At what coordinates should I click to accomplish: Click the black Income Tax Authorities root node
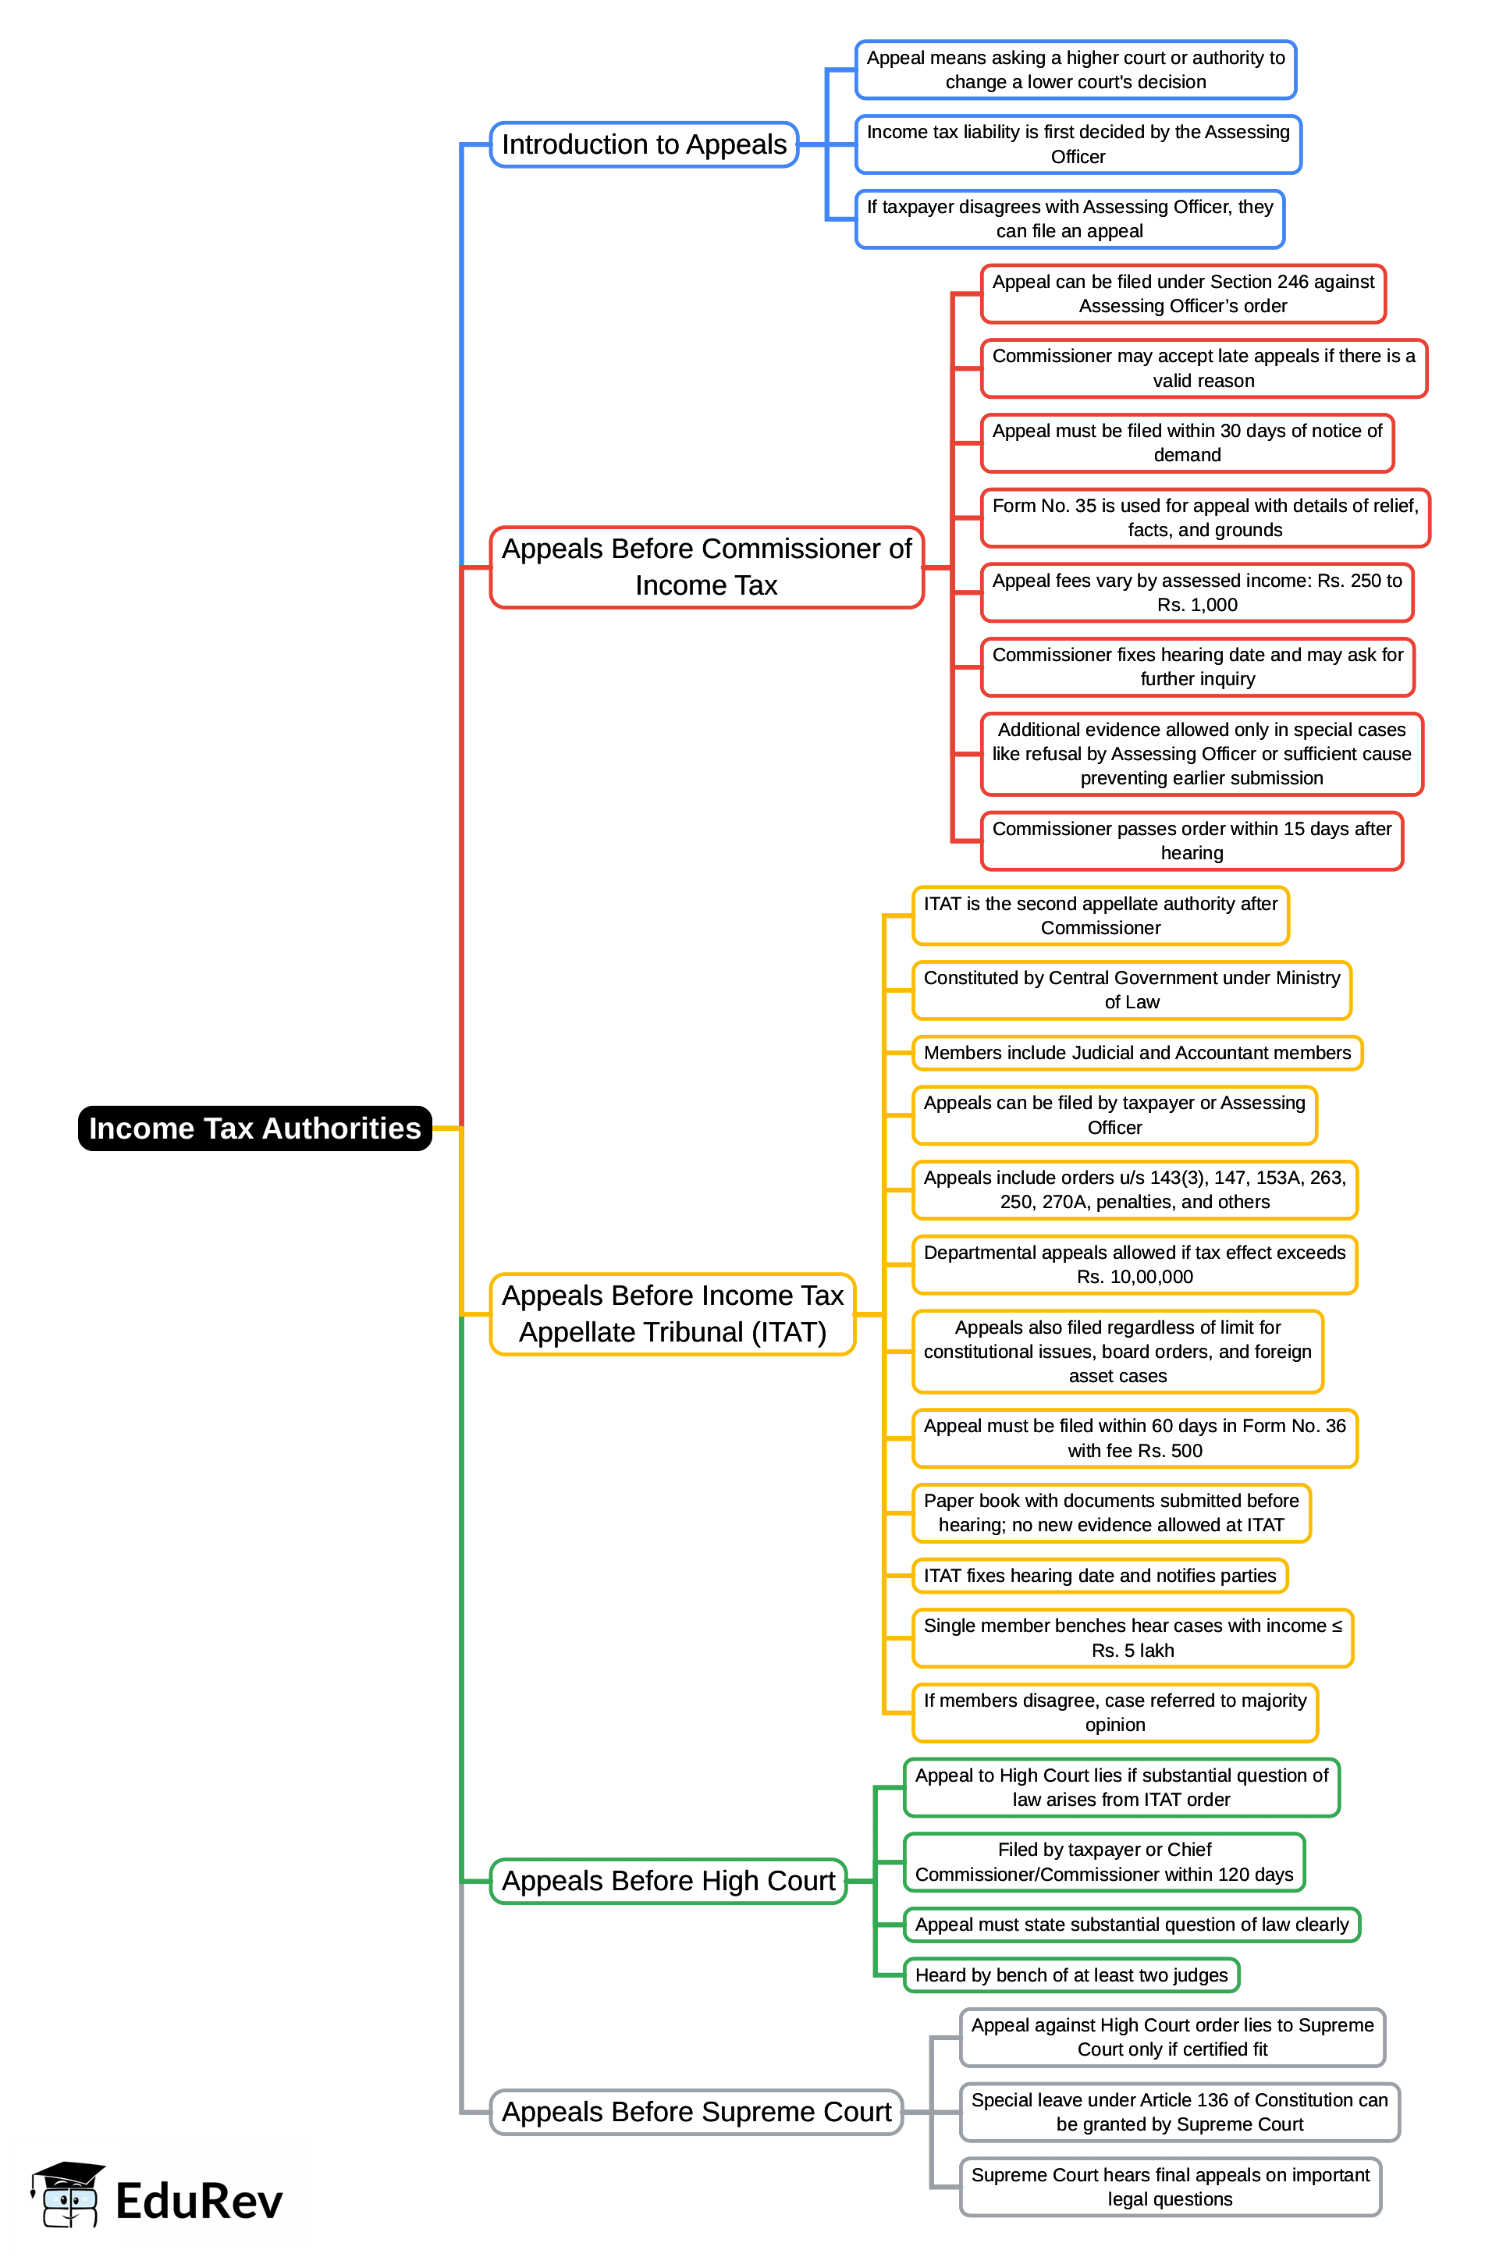click(x=254, y=1128)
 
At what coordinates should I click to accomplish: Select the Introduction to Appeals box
click(x=643, y=144)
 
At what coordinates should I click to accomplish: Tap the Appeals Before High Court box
click(x=667, y=1881)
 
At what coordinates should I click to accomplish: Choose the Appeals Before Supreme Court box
click(x=695, y=2112)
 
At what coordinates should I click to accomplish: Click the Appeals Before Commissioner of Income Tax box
click(x=706, y=567)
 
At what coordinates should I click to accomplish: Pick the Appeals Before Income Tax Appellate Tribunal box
click(x=672, y=1313)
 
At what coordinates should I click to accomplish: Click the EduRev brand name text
click(x=198, y=2201)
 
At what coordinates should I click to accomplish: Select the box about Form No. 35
click(x=1204, y=517)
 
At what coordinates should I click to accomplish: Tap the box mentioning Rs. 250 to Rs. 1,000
click(x=1196, y=592)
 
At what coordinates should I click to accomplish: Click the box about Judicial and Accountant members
click(x=1136, y=1053)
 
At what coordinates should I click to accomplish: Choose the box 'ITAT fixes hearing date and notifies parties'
click(x=1099, y=1575)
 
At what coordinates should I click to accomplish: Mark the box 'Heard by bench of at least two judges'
click(x=1071, y=1974)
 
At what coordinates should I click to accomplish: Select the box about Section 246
click(x=1182, y=293)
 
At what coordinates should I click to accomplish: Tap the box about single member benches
click(x=1132, y=1638)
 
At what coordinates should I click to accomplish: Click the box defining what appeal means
click(x=1075, y=69)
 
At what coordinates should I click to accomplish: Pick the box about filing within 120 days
click(x=1103, y=1861)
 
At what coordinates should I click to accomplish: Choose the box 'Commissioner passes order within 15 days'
click(x=1192, y=841)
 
